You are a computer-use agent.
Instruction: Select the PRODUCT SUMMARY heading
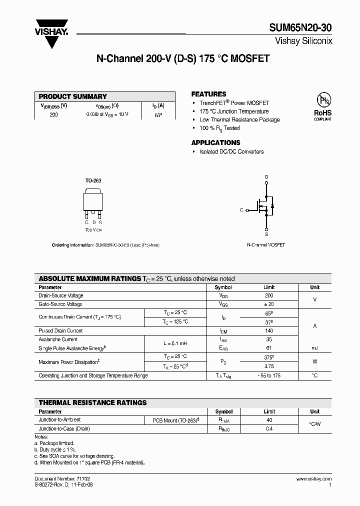click(73, 96)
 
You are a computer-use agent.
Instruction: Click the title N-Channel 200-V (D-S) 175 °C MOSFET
click(182, 58)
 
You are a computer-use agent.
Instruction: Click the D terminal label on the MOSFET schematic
click(266, 177)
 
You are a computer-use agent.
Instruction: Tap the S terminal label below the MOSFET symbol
click(266, 233)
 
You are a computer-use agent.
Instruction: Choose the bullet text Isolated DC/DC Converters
click(231, 151)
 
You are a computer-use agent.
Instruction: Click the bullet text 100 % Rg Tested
click(219, 128)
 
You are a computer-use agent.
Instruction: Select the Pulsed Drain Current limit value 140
click(269, 330)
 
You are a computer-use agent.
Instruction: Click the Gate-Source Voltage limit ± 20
click(269, 304)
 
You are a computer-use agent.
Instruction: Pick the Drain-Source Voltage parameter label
click(61, 296)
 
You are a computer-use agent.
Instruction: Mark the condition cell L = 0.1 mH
click(175, 343)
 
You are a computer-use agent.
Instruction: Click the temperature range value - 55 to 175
click(269, 375)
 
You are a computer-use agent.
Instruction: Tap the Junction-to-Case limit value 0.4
click(269, 428)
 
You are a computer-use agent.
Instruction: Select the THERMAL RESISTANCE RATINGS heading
click(93, 402)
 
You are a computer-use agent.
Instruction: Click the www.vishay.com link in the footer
click(313, 479)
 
